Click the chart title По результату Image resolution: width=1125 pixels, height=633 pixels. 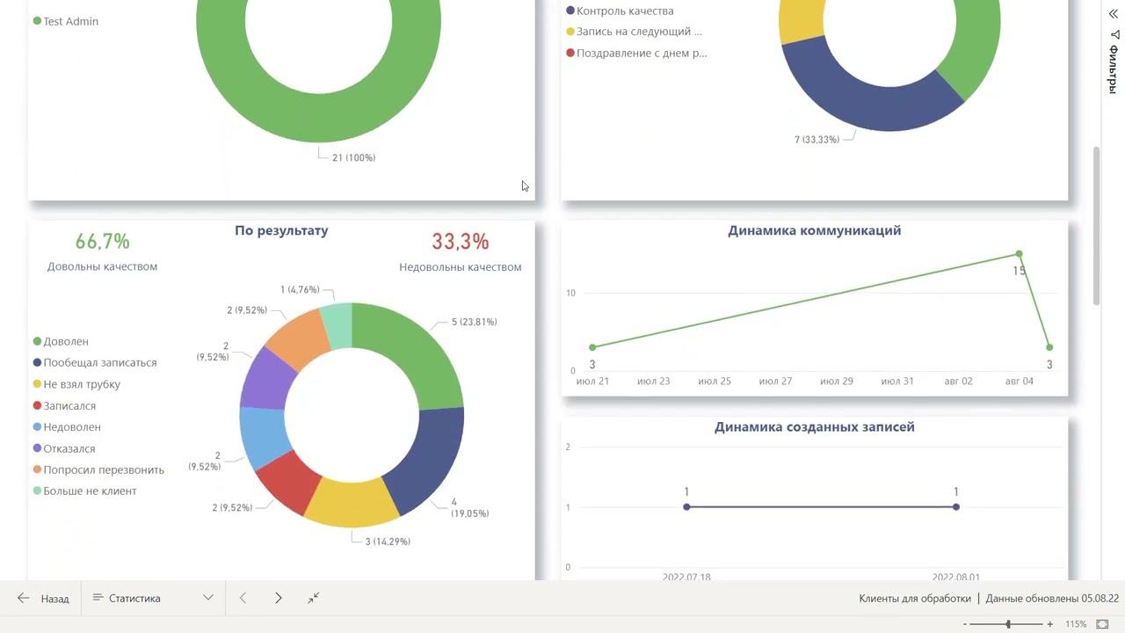coord(281,231)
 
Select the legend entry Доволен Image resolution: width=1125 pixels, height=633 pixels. coord(66,341)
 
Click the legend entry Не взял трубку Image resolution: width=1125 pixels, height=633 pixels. coord(82,384)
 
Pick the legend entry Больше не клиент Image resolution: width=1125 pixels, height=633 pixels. coord(90,491)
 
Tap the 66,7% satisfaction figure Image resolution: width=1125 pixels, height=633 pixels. coord(102,242)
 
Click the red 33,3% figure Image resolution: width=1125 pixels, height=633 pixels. coord(460,242)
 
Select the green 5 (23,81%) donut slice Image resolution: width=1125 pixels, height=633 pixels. coord(413,352)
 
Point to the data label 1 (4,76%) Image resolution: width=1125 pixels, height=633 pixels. coord(300,289)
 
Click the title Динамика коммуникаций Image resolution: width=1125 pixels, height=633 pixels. coord(814,231)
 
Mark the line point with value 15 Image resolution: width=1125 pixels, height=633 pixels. coord(1019,255)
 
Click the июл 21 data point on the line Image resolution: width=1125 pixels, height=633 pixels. coord(592,347)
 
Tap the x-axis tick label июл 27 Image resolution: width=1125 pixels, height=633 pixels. coord(775,382)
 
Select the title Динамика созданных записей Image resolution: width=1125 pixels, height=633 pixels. coord(814,427)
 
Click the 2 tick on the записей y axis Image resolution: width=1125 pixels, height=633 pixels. coord(568,447)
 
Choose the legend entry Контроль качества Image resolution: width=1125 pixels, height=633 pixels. coord(625,11)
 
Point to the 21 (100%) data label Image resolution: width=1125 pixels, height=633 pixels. coord(353,158)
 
